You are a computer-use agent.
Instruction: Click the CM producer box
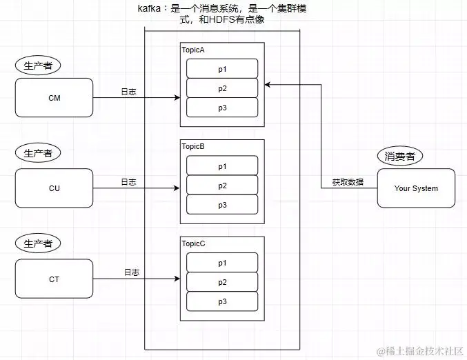pos(54,98)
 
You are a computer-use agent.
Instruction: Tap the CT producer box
pos(54,279)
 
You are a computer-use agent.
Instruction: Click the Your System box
pos(416,188)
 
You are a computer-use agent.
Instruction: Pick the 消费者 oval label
pos(400,156)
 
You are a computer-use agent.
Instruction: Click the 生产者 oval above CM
pos(38,66)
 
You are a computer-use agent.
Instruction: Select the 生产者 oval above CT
pos(38,244)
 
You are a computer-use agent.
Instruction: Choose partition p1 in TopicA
pos(222,69)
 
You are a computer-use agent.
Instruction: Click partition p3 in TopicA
pos(222,108)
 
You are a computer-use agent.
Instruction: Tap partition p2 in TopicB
pos(222,186)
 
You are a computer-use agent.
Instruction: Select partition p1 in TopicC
pos(222,263)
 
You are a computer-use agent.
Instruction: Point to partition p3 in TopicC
pos(222,301)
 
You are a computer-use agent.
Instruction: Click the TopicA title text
pos(193,50)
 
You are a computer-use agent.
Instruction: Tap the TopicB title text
pos(193,147)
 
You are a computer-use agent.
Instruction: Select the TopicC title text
pos(193,243)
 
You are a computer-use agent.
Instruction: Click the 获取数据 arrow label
pos(348,183)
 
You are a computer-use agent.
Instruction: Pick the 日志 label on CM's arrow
pos(129,91)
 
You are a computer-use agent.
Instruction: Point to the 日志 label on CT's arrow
pos(132,272)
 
